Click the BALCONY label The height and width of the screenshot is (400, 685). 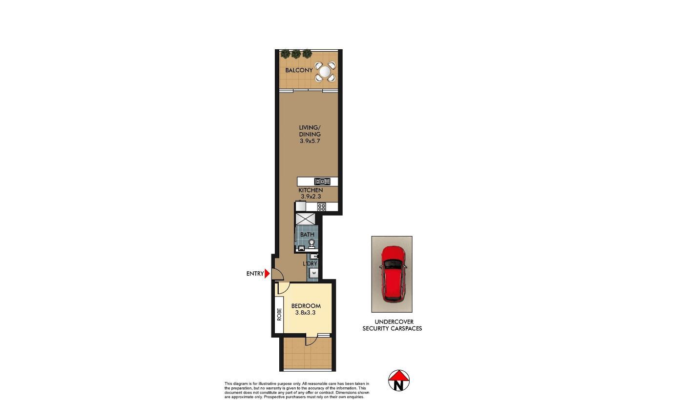[x=299, y=70]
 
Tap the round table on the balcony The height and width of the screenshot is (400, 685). [x=325, y=71]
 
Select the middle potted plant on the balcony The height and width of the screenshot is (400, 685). [x=296, y=54]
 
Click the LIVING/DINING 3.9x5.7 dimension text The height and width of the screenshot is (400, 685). [x=310, y=141]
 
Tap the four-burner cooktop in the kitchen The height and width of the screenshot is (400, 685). [x=322, y=207]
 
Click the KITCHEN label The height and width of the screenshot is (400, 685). [x=311, y=190]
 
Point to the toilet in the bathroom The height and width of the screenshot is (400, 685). [x=311, y=244]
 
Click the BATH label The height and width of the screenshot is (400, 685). [x=307, y=235]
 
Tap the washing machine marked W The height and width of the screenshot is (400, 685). [x=314, y=273]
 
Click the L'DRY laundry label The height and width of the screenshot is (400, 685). [x=310, y=264]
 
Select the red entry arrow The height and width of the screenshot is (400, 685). [x=267, y=274]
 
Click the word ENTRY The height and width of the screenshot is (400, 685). [x=255, y=274]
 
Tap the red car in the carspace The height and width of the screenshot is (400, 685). [x=393, y=274]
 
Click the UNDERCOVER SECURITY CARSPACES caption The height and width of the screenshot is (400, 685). [x=392, y=325]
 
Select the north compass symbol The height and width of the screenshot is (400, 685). [x=399, y=380]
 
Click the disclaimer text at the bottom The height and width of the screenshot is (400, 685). [x=297, y=390]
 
